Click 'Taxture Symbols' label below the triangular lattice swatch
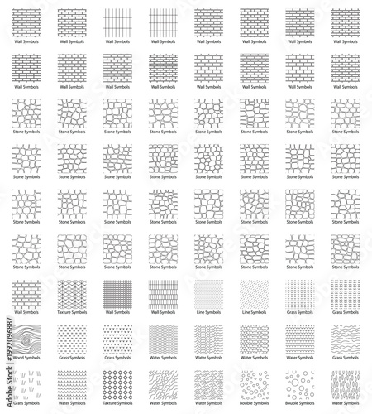72,312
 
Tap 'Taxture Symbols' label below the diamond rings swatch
117,403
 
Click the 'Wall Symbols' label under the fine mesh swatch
117,312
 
